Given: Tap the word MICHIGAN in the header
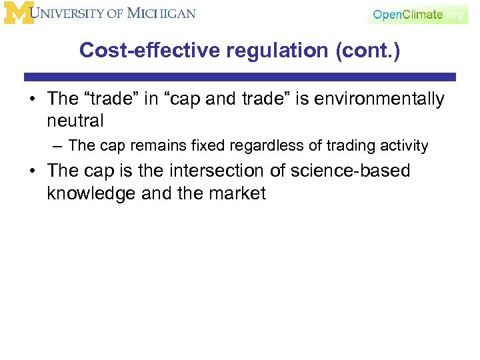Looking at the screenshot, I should click(x=161, y=13).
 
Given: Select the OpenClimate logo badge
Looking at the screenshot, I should click(x=417, y=15).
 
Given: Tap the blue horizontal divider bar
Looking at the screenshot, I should click(x=240, y=77).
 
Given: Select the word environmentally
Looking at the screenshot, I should click(x=379, y=99).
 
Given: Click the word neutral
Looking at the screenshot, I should click(x=75, y=121).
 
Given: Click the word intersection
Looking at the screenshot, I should click(x=223, y=171).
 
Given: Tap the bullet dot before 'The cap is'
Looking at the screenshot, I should click(x=31, y=171).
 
